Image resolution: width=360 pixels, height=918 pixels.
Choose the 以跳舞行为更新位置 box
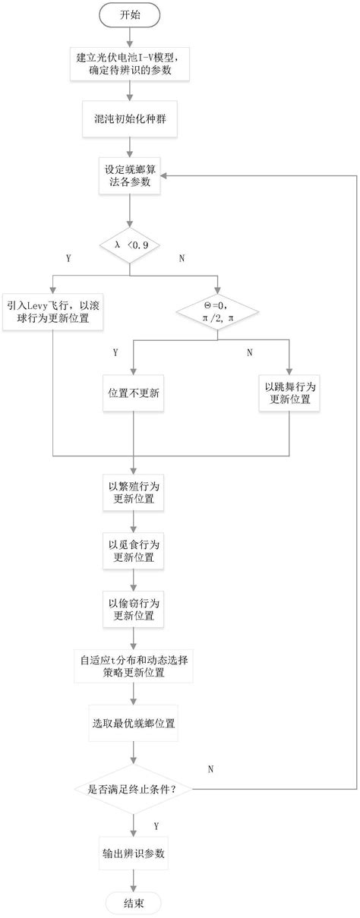[x=289, y=393]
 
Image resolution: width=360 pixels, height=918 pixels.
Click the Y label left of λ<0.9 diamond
[x=68, y=259]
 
